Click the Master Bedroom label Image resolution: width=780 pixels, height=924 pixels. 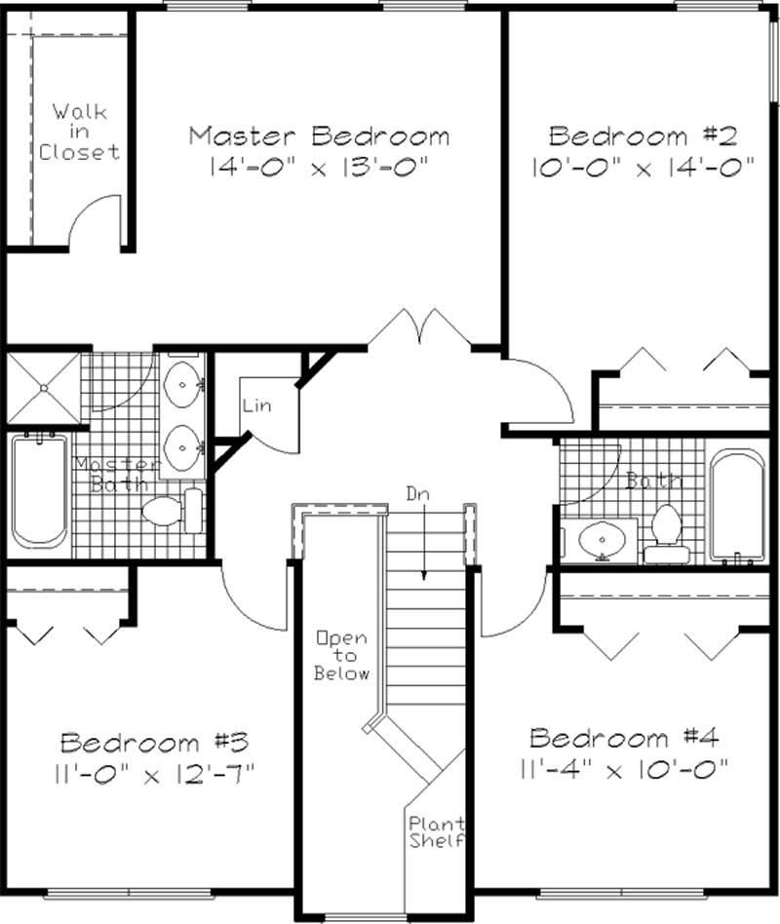tap(319, 135)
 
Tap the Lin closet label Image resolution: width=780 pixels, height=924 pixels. tap(256, 405)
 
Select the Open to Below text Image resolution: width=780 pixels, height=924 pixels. tap(342, 656)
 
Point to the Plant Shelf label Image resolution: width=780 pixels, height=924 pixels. tap(436, 831)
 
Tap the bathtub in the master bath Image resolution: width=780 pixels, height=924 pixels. tap(39, 492)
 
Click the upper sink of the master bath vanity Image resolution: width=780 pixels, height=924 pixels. tap(181, 386)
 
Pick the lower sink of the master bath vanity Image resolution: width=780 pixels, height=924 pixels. tap(181, 448)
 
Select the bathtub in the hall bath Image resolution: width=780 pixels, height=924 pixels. tap(740, 505)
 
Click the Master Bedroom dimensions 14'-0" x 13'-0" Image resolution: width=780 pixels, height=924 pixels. tap(319, 167)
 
